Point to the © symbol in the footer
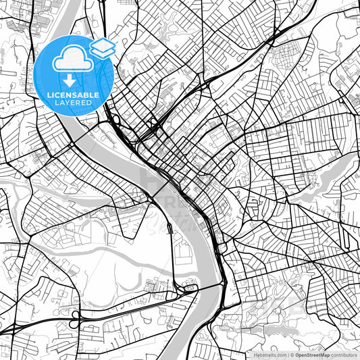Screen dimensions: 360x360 pos(292,355)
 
